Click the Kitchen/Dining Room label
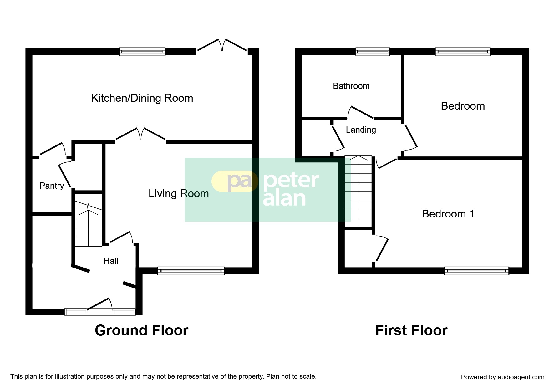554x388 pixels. (x=142, y=98)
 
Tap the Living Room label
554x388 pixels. (x=179, y=194)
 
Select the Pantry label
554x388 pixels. (x=52, y=186)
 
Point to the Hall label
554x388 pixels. (x=111, y=261)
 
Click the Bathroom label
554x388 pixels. (x=351, y=86)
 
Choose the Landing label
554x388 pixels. (x=361, y=130)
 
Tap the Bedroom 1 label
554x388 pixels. (x=448, y=214)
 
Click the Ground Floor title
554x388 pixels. (x=142, y=330)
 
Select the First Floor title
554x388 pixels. (x=411, y=330)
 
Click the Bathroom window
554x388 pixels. (x=373, y=52)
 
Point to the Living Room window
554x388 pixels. (x=191, y=271)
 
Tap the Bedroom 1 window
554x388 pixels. (x=476, y=271)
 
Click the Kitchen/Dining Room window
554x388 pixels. (x=142, y=52)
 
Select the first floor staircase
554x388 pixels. (x=358, y=191)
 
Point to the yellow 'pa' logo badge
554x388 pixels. (x=235, y=181)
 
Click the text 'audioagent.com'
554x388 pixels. (x=521, y=377)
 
